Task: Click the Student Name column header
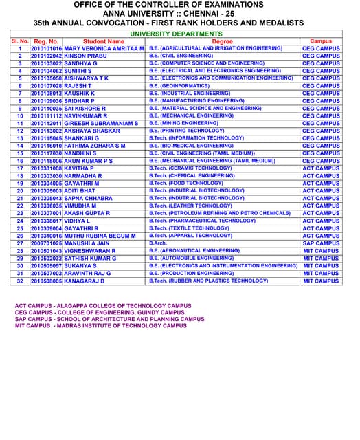[x=104, y=41]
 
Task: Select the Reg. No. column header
[x=46, y=41]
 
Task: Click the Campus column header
[x=321, y=41]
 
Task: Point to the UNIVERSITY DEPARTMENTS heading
[x=176, y=34]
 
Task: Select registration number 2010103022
[x=46, y=63]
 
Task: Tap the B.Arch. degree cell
[x=158, y=243]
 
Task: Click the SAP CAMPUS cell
[x=321, y=243]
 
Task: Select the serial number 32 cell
[x=20, y=280]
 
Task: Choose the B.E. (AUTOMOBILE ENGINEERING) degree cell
[x=192, y=258]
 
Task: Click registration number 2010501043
[x=46, y=251]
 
